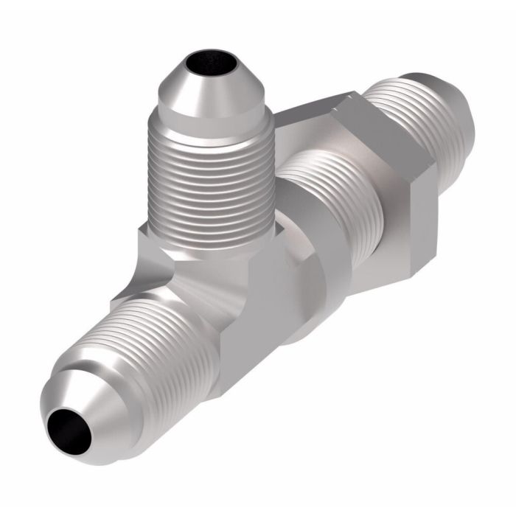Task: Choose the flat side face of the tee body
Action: point(251,324)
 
